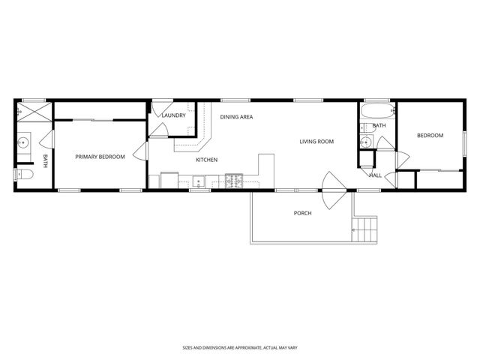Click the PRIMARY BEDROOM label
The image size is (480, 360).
[99, 156]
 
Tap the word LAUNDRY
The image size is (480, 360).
[173, 115]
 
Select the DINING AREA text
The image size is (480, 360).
[235, 117]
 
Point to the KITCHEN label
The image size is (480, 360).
[207, 160]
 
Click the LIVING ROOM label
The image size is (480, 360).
[316, 141]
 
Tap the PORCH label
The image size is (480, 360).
[302, 213]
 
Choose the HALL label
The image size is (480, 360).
[375, 175]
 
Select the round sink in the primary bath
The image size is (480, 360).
[24, 141]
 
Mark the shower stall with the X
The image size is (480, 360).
[34, 114]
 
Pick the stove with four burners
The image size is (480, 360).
[234, 181]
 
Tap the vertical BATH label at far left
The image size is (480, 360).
[45, 160]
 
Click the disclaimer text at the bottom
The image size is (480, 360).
[239, 347]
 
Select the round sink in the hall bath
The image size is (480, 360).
[365, 142]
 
